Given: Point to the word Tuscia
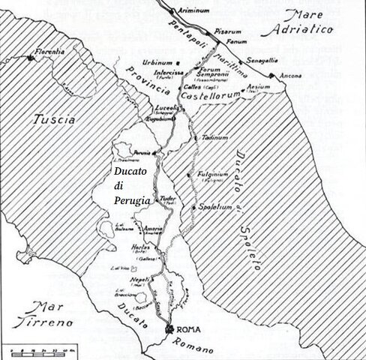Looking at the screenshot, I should (x=54, y=119).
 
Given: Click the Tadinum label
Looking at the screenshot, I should (x=214, y=138).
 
